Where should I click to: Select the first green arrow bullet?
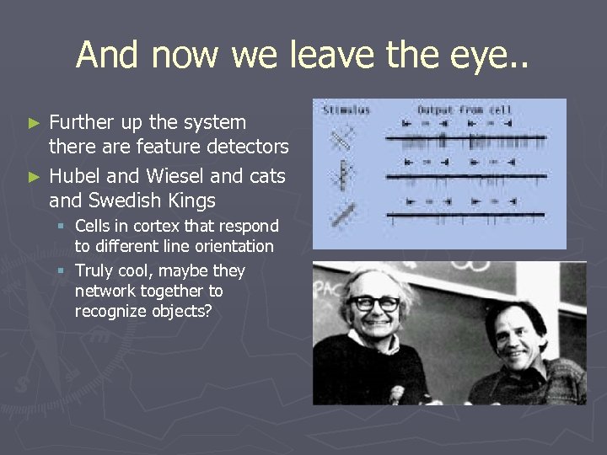(x=34, y=123)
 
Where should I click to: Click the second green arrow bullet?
(x=34, y=177)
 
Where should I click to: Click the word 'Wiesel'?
(x=176, y=176)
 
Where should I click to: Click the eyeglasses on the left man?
(x=373, y=302)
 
